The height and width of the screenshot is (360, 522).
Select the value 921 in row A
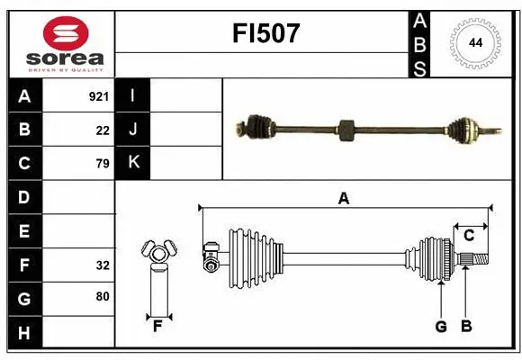click(99, 95)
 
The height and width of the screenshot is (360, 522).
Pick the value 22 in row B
click(103, 130)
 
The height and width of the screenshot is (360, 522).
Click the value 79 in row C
click(103, 164)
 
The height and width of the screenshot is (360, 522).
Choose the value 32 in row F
click(103, 265)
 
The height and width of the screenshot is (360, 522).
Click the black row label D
click(24, 197)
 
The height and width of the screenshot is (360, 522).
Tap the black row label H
click(24, 333)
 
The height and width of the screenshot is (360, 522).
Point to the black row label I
click(132, 95)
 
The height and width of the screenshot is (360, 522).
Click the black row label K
click(132, 163)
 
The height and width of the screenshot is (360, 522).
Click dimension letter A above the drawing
click(343, 199)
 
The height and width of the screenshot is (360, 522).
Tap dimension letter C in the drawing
click(469, 235)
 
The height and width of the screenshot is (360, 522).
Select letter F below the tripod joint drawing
click(157, 326)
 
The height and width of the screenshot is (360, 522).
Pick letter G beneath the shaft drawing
click(440, 326)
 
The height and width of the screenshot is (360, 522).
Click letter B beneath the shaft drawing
click(465, 326)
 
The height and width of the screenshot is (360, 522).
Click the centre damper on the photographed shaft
click(346, 130)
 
